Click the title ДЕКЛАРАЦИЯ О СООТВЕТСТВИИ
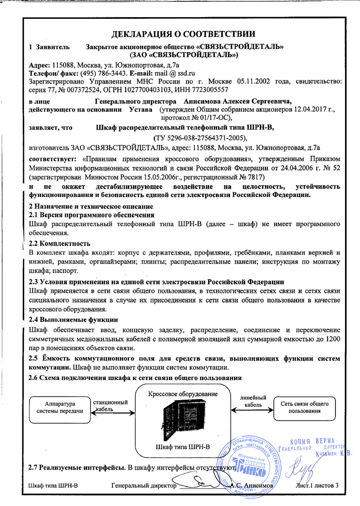[183, 34]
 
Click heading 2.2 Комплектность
[59, 243]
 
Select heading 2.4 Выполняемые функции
[73, 319]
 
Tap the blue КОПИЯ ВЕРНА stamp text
[311, 439]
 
